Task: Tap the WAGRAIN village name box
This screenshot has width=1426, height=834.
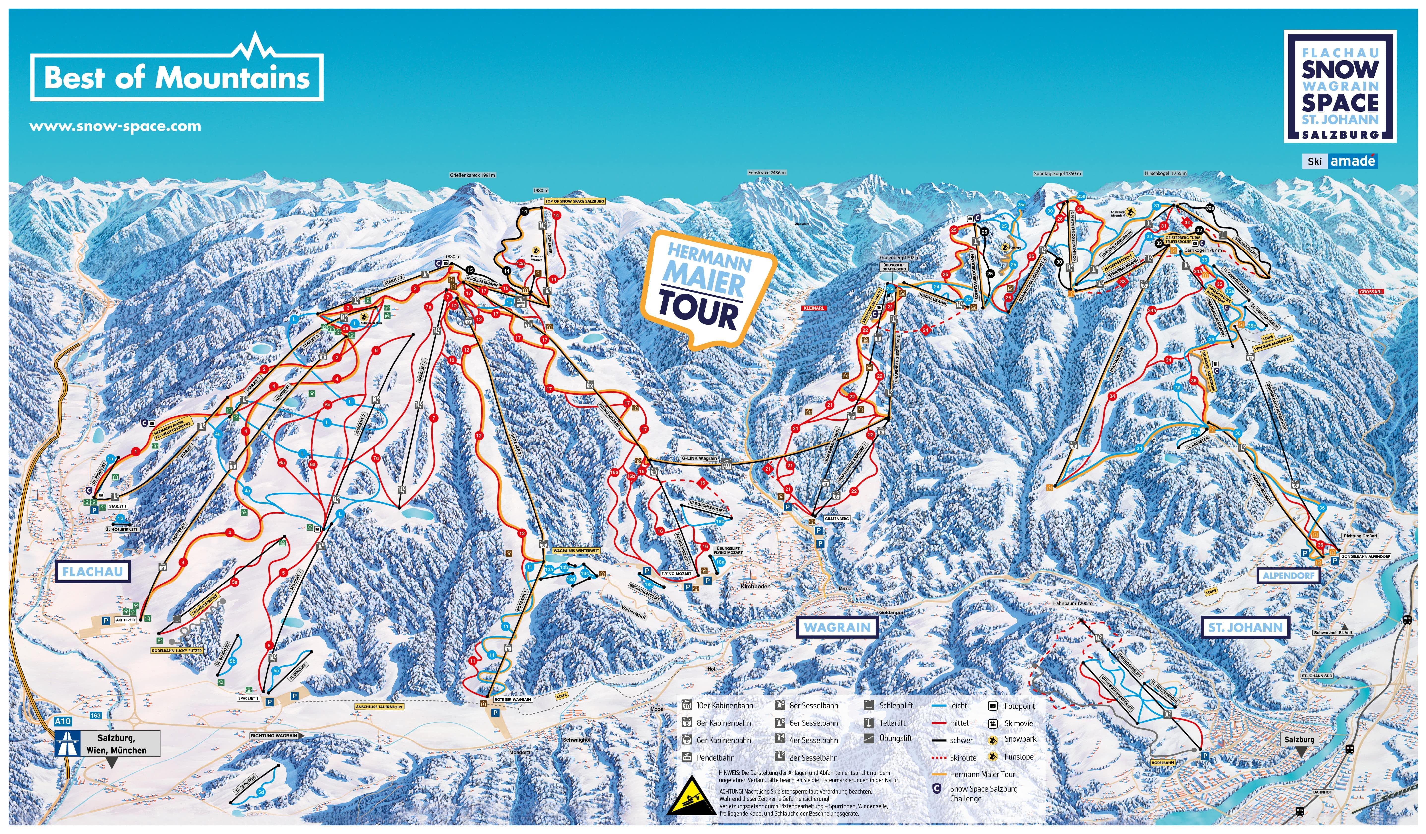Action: click(837, 627)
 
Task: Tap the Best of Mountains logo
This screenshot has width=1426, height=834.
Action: click(177, 76)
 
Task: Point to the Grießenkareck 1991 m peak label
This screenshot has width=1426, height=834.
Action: click(473, 175)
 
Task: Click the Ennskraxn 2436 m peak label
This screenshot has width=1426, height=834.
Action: click(767, 173)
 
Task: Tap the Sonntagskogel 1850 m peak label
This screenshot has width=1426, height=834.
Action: click(1057, 174)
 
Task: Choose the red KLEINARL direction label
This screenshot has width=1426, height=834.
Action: click(814, 308)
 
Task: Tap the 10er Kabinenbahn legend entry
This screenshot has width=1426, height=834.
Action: click(724, 706)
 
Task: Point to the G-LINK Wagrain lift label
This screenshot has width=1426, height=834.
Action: click(699, 459)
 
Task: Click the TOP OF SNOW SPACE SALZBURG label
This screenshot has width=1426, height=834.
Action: click(575, 201)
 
